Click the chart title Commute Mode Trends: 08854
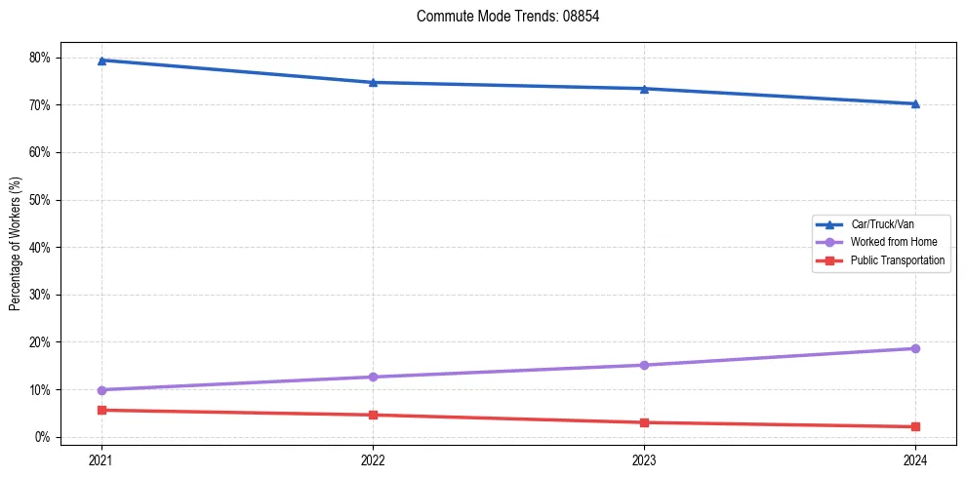(501, 17)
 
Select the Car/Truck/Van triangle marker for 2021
(101, 60)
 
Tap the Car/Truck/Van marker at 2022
(373, 82)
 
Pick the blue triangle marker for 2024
(915, 103)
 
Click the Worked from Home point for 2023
(644, 365)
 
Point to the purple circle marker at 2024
(915, 348)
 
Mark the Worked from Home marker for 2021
(101, 390)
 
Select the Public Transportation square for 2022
(373, 415)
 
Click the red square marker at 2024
(915, 426)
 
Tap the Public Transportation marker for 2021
(101, 410)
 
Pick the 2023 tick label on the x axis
(644, 459)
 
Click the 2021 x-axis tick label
(101, 459)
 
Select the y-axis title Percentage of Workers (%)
(15, 244)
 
